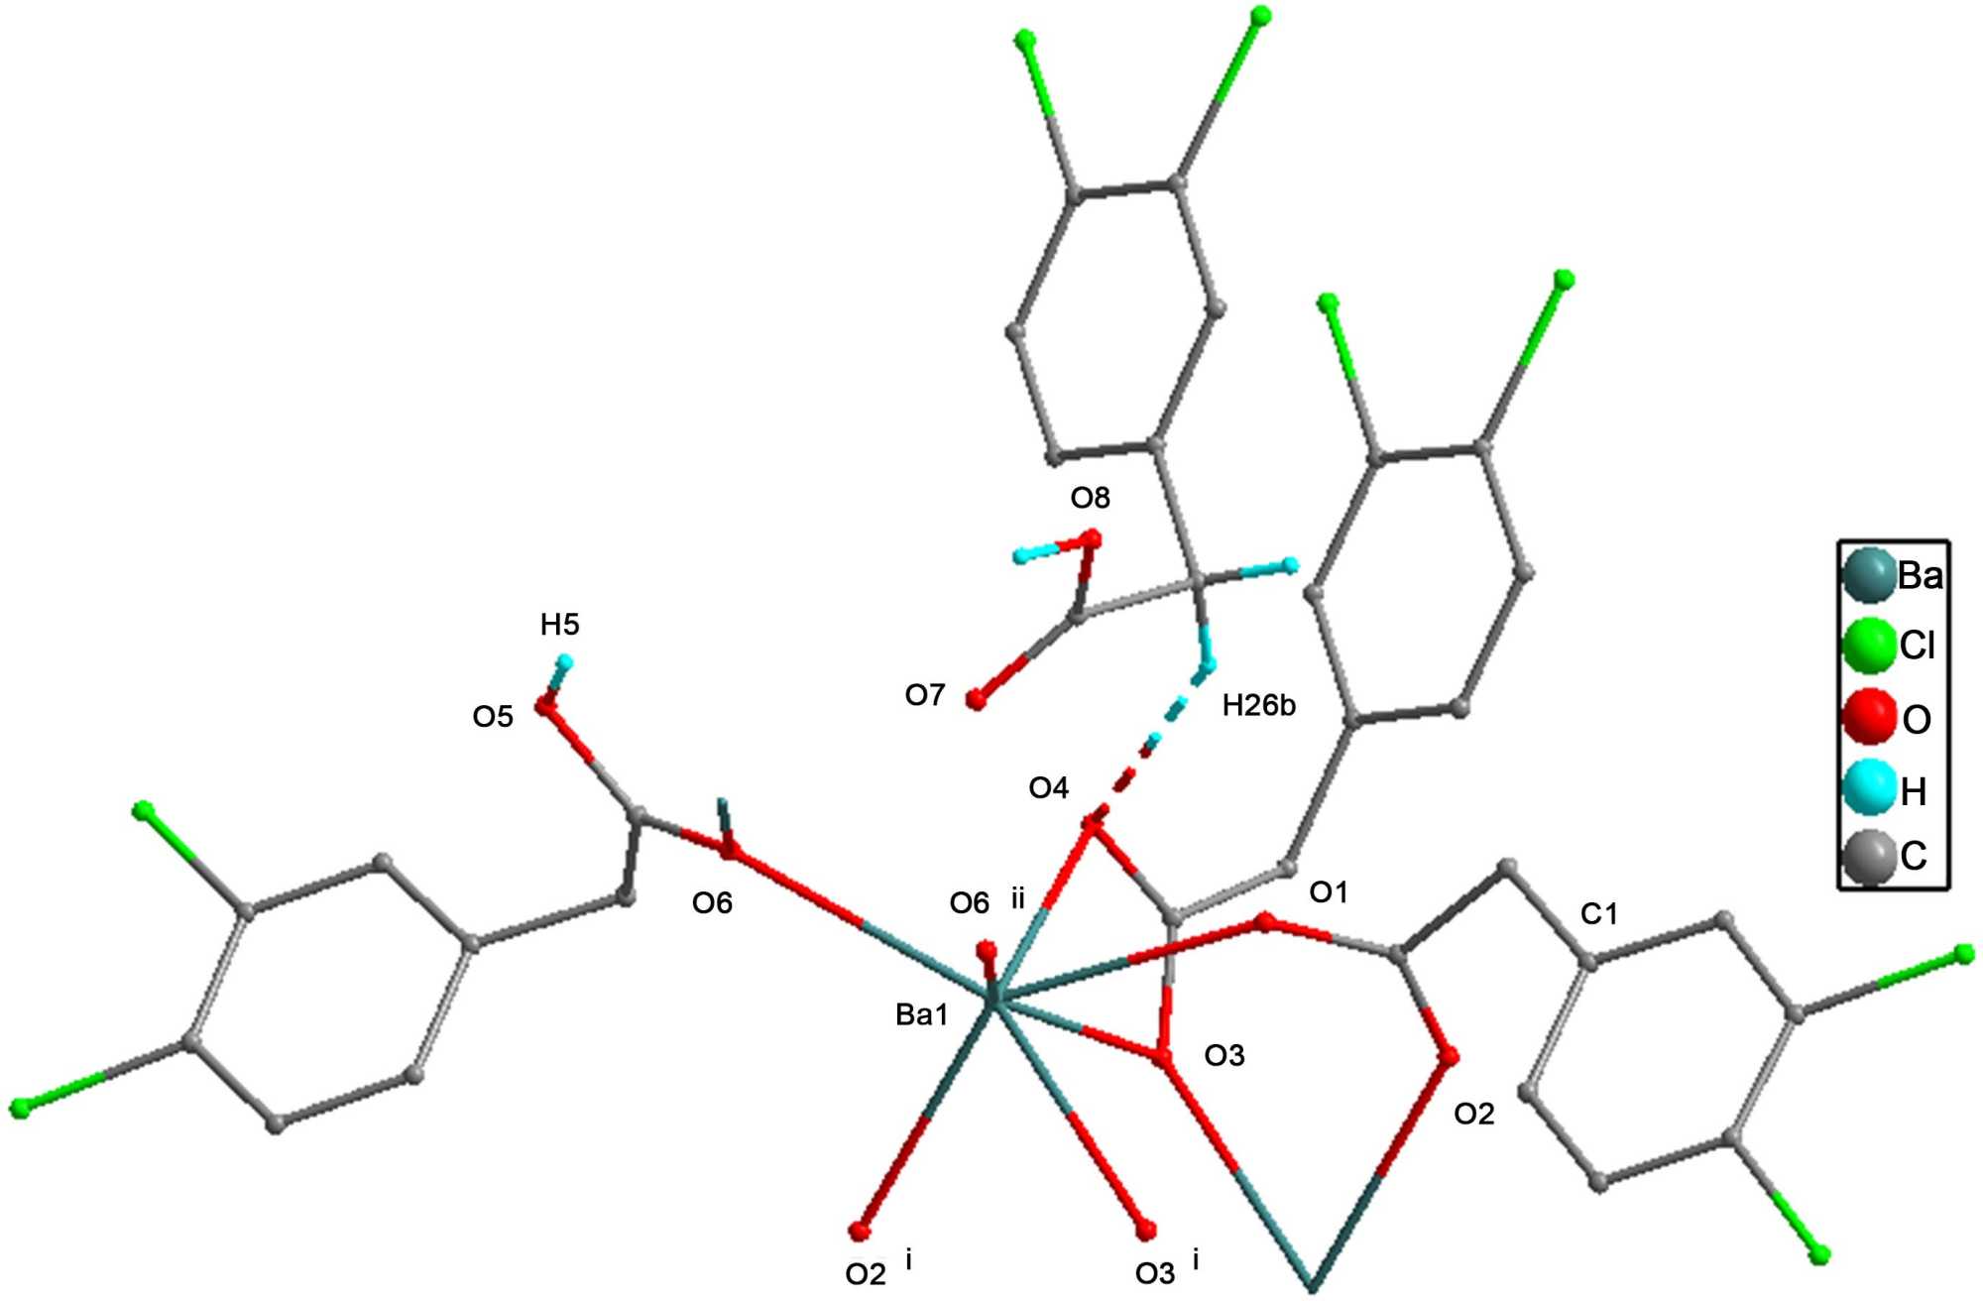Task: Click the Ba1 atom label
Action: coord(921,1015)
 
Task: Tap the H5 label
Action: coord(559,625)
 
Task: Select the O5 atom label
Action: coord(493,716)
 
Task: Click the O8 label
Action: coord(1090,498)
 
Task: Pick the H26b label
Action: coord(1258,706)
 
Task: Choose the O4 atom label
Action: coord(1048,788)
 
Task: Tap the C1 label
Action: coord(1598,914)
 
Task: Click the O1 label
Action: coord(1329,892)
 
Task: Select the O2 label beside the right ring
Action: coord(1473,1115)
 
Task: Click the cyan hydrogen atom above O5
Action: coord(564,661)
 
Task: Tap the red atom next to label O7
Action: coord(976,700)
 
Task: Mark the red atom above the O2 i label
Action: coord(859,1233)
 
